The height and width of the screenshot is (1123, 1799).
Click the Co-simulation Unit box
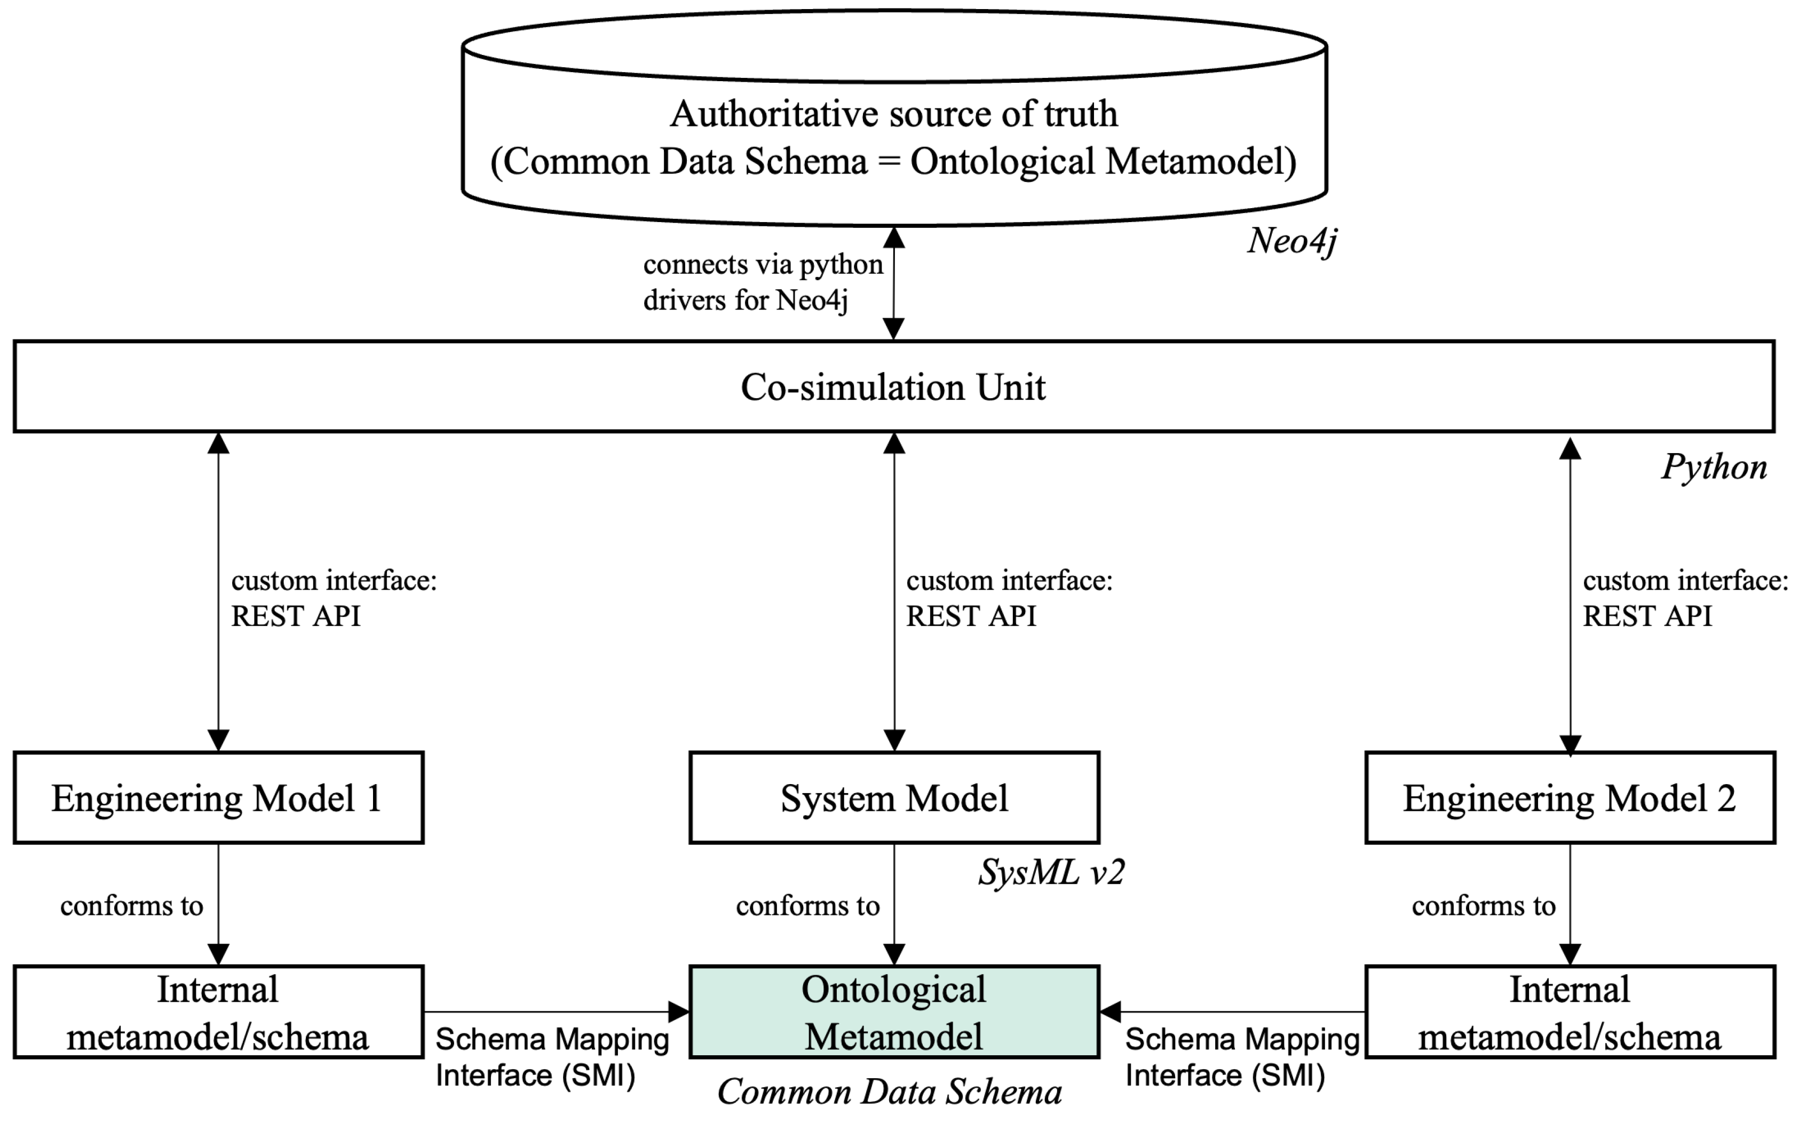pyautogui.click(x=893, y=387)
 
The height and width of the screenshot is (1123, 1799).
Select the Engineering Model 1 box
pyautogui.click(x=218, y=798)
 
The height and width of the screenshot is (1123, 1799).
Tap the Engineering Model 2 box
pyautogui.click(x=1570, y=798)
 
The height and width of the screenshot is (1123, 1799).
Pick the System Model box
pyautogui.click(x=894, y=798)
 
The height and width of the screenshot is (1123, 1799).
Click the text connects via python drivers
pyautogui.click(x=763, y=282)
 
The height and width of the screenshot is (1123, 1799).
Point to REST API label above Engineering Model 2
pyautogui.click(x=1647, y=616)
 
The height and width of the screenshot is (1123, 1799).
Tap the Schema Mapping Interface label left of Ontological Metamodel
pyautogui.click(x=552, y=1057)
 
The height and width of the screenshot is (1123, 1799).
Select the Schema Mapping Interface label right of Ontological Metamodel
pyautogui.click(x=1241, y=1057)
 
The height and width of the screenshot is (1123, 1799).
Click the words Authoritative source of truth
pyautogui.click(x=893, y=114)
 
